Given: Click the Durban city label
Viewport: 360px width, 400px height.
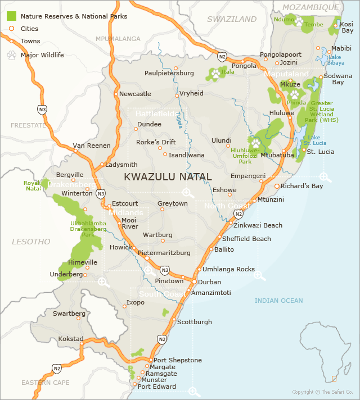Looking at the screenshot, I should click(210, 281).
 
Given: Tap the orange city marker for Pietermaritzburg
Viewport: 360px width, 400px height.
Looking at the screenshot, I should click(147, 258).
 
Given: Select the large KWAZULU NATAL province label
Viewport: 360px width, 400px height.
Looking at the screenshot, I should click(168, 176).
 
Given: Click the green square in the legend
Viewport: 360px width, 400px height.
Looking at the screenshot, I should click(11, 16).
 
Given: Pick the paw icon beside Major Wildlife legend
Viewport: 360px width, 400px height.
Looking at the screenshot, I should click(11, 55).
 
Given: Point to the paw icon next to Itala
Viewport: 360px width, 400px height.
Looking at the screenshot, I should click(215, 73).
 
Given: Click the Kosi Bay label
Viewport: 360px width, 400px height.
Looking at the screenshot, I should click(347, 27).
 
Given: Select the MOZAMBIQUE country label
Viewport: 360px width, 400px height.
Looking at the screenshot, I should click(311, 7).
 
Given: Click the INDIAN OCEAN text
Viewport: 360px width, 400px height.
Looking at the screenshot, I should click(278, 301).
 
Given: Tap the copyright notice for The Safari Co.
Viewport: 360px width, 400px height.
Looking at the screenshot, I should click(322, 392).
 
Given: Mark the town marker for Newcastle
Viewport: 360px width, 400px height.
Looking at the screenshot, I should click(116, 94).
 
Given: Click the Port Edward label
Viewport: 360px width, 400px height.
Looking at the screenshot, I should click(157, 387).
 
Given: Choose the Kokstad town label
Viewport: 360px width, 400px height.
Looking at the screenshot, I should click(71, 339).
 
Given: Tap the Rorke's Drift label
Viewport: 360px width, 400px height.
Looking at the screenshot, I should click(156, 142).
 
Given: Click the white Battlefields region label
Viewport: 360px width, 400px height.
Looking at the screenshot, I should click(156, 113).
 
